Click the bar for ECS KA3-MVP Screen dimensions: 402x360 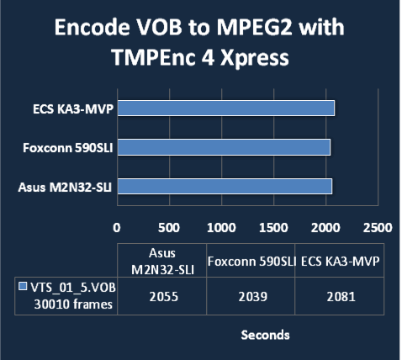226,108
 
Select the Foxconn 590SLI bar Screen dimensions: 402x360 224,147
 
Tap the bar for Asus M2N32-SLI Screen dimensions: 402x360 225,187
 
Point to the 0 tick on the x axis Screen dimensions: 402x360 117,228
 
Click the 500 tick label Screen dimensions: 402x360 169,228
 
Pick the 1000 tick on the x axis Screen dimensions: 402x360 221,228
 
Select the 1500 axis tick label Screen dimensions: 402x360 273,228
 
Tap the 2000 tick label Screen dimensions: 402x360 325,228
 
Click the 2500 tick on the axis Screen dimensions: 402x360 378,228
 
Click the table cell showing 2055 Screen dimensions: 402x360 162,296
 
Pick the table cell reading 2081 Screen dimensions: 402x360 340,296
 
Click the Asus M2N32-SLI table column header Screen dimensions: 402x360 162,261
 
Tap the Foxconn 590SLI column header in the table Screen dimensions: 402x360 251,261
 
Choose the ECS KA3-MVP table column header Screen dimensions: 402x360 340,261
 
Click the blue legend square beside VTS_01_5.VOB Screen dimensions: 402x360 23,286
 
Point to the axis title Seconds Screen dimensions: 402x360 265,335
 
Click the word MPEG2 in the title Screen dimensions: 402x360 253,28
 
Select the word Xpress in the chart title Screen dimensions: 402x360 255,57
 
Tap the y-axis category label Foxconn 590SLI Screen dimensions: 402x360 68,148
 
